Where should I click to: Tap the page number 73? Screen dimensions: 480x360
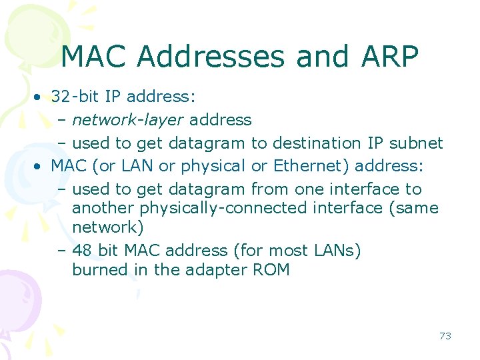[x=445, y=336]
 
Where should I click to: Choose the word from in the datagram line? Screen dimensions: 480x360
[x=270, y=189]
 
